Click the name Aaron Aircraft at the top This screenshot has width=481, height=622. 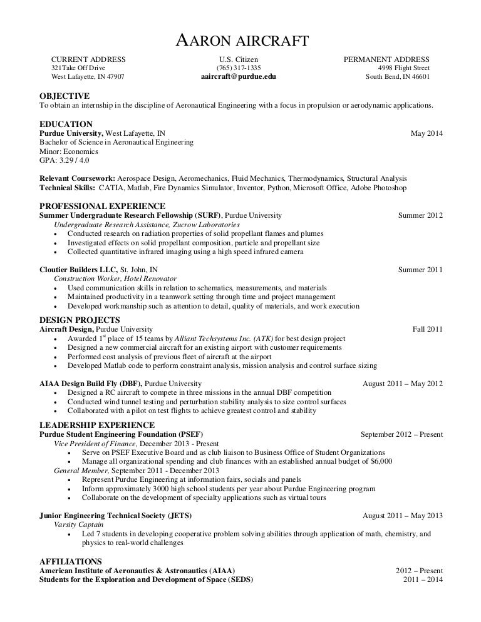pos(240,41)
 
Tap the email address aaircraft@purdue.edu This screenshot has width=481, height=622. pos(238,77)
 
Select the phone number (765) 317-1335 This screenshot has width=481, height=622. pos(239,68)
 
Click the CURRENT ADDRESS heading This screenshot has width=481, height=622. pos(88,59)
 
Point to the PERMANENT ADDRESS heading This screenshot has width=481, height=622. pos(386,59)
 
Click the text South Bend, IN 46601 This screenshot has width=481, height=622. pos(398,77)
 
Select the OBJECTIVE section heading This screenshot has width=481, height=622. pos(65,96)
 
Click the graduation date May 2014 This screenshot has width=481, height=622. pos(426,133)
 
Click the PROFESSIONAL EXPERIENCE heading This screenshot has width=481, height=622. pos(102,206)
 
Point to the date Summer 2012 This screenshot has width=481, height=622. pos(420,216)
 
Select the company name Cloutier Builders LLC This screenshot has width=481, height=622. pos(78,270)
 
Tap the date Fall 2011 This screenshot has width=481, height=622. pos(427,329)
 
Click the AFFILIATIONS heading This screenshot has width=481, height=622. pos(70,561)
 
